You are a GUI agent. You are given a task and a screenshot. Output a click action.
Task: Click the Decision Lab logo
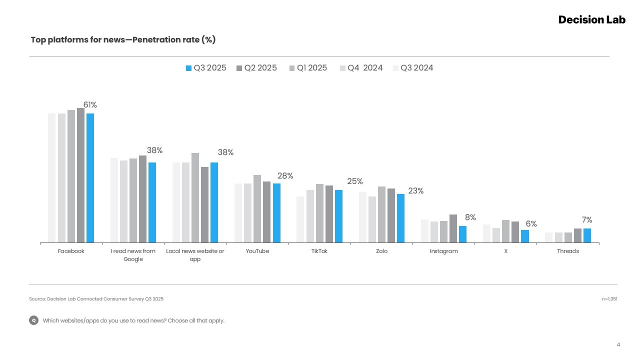pos(591,19)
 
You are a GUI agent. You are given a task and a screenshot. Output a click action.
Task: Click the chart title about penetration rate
pos(123,39)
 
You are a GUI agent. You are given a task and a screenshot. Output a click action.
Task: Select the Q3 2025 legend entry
pos(206,68)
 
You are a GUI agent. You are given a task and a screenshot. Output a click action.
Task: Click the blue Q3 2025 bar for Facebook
pos(90,178)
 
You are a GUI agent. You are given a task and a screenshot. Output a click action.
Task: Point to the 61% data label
pos(90,105)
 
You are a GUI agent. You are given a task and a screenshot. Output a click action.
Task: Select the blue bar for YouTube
pos(276,213)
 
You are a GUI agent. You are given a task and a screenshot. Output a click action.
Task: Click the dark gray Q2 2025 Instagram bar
pos(453,228)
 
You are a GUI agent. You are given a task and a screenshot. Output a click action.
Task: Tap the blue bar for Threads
pos(587,235)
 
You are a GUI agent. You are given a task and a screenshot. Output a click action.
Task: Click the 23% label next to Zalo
pos(415,191)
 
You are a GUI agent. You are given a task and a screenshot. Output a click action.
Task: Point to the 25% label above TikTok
pos(355,181)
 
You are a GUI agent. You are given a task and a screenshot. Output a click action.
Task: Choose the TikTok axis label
pos(319,251)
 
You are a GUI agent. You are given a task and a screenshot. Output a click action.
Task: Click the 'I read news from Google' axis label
pos(133,255)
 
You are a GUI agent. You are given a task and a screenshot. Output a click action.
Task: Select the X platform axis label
pos(505,251)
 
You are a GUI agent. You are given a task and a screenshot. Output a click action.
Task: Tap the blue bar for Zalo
pos(400,218)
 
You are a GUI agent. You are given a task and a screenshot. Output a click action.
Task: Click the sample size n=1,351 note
pos(609,299)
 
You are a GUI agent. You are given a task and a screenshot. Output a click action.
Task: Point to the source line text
pos(96,299)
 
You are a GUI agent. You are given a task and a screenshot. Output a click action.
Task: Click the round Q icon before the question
pos(34,320)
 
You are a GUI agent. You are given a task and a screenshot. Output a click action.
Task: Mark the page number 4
pos(618,344)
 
